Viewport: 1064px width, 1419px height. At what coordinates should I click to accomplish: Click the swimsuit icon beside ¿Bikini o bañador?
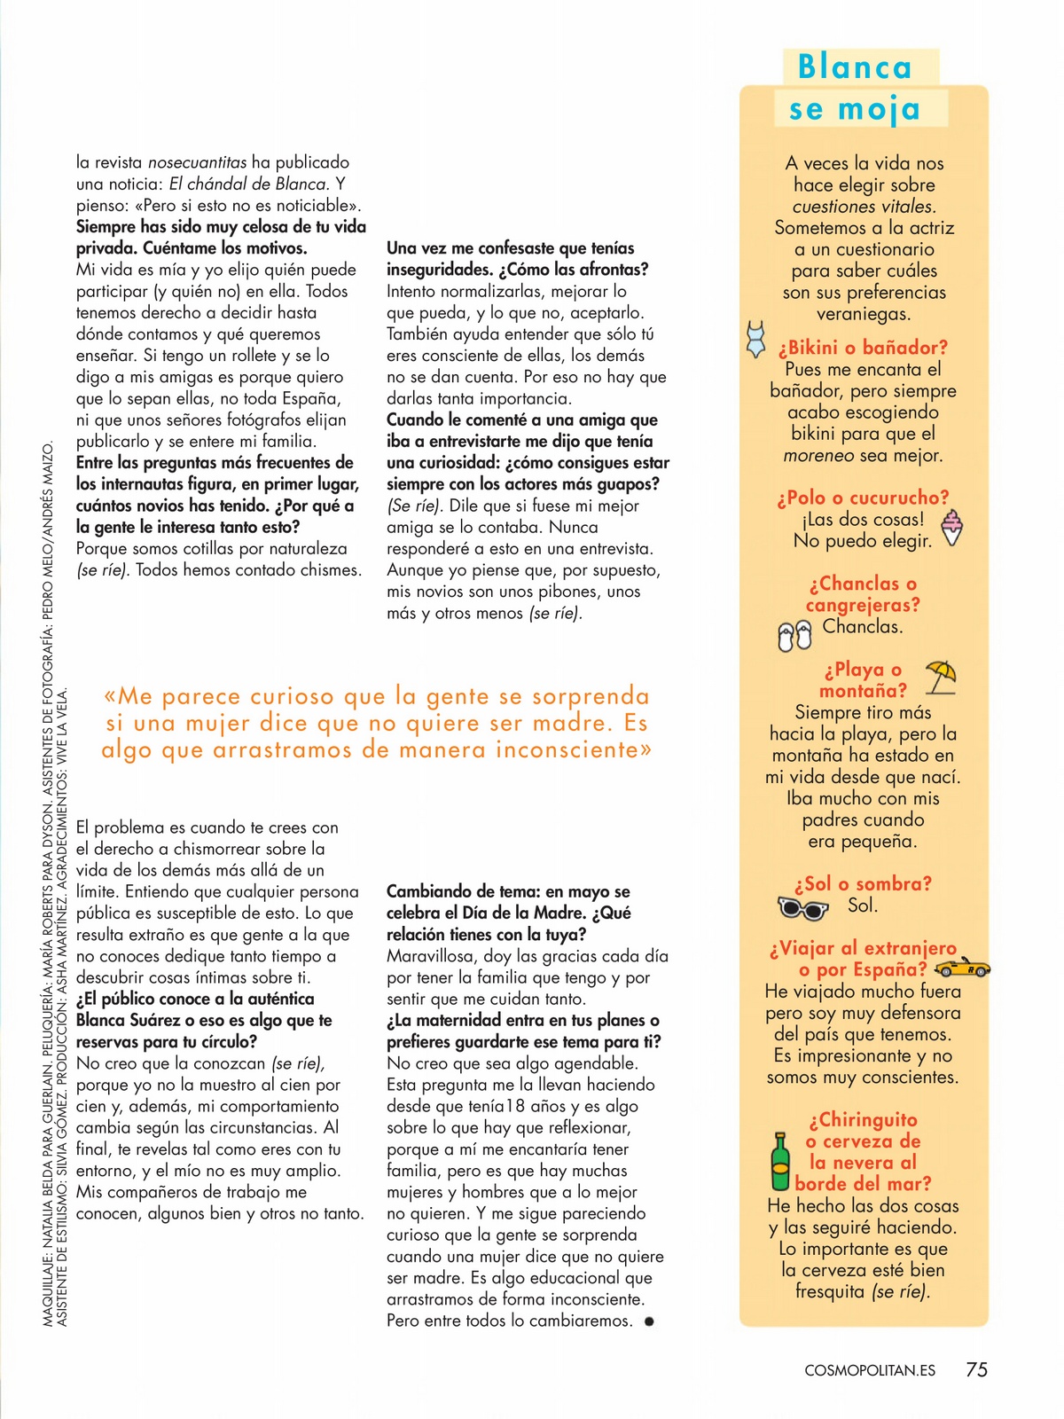755,340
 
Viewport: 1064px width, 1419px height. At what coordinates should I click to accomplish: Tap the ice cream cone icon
951,528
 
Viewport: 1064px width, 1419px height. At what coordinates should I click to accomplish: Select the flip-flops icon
794,636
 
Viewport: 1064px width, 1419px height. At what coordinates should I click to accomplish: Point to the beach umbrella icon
940,677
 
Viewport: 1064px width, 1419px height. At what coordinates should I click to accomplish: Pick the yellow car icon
962,968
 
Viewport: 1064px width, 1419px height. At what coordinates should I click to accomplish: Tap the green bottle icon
780,1161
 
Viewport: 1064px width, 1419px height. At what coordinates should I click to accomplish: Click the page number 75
976,1369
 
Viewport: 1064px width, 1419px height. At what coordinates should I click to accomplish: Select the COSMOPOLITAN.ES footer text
870,1370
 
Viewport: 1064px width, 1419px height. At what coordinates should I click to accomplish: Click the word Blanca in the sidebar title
855,67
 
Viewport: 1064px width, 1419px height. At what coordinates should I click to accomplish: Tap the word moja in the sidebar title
880,109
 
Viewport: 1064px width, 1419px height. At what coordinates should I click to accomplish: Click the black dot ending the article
649,1321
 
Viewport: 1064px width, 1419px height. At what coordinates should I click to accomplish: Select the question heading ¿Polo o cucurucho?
863,498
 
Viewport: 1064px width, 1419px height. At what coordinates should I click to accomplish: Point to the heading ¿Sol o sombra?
863,883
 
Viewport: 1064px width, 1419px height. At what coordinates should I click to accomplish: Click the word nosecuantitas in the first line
197,162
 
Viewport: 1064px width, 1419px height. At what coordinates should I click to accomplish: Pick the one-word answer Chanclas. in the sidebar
863,626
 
